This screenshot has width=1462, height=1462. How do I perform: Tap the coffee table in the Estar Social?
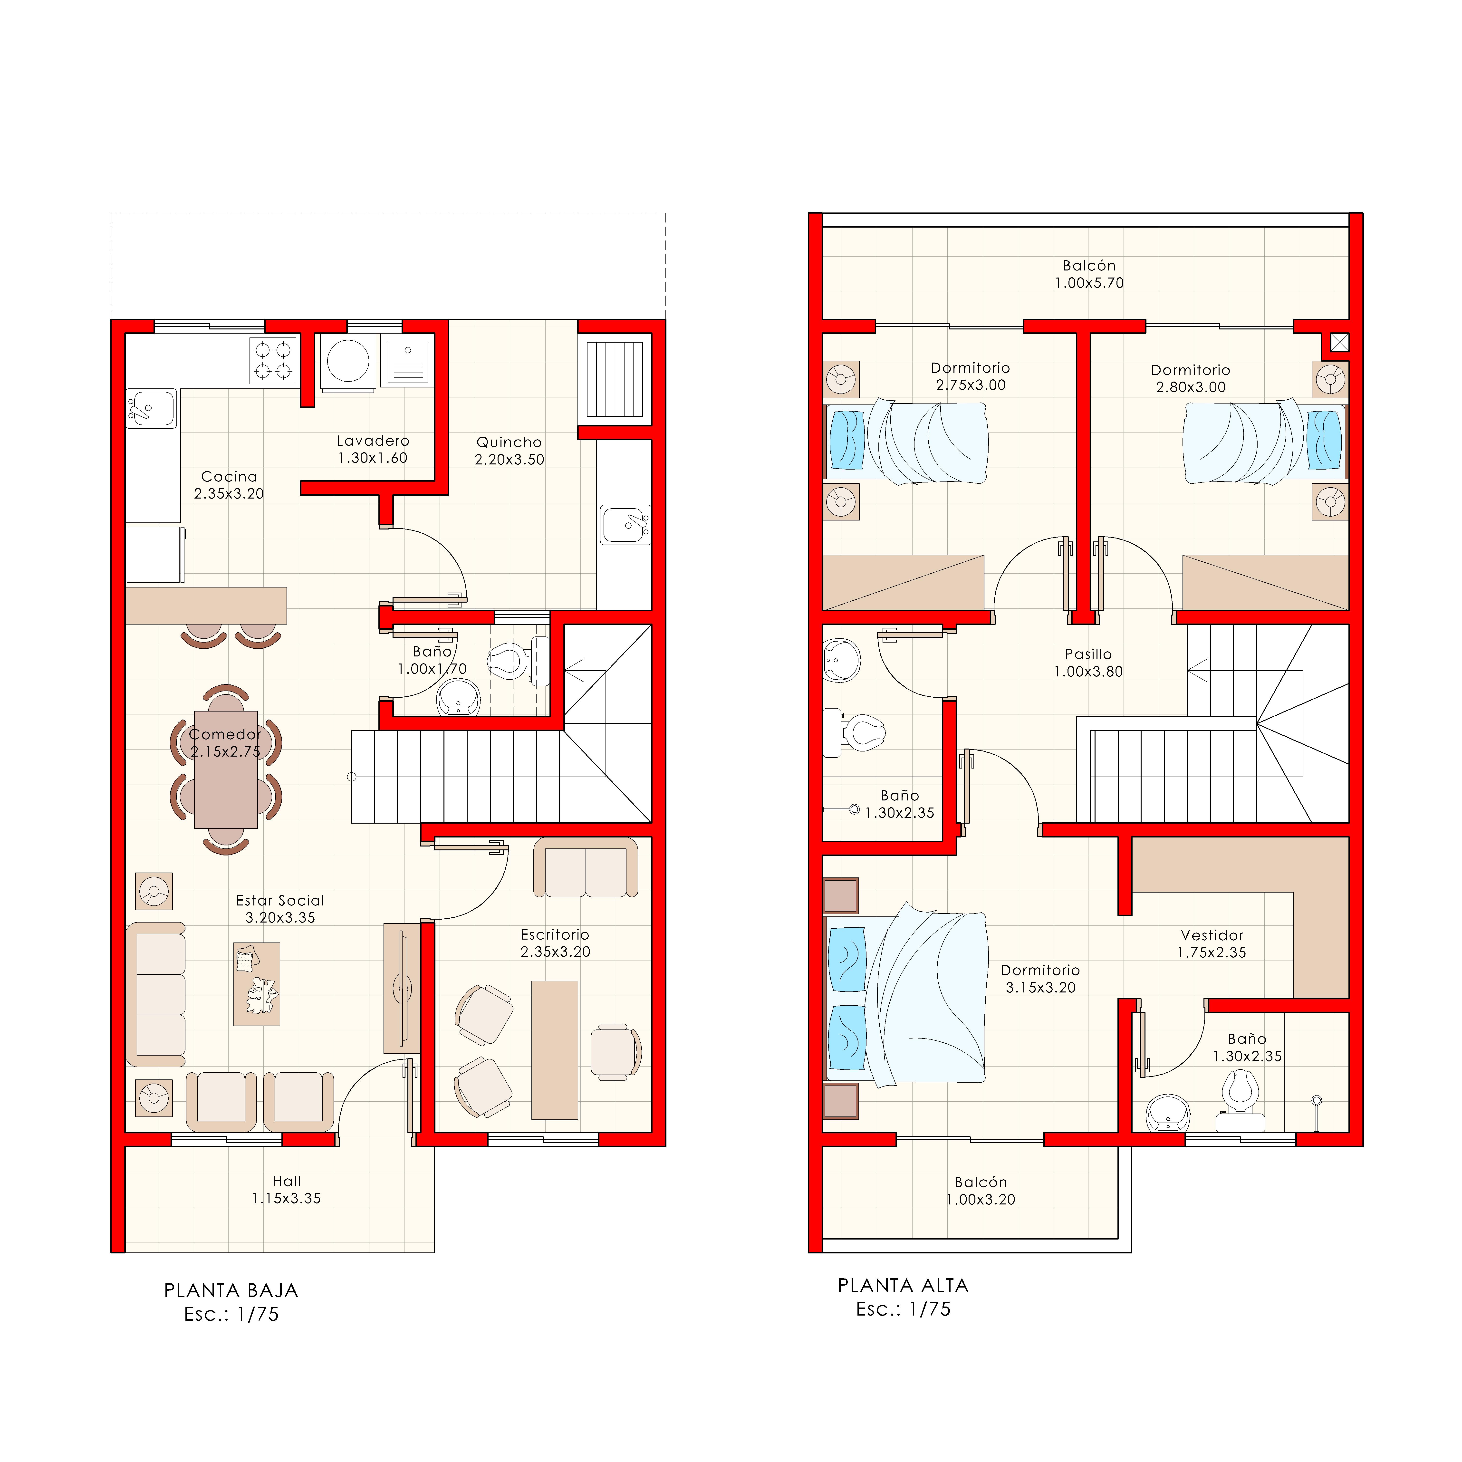(257, 984)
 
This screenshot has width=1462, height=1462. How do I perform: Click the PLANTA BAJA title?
(231, 1290)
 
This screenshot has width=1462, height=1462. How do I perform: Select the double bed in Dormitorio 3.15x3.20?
(908, 997)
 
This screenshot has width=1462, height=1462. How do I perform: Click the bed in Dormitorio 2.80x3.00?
(1264, 443)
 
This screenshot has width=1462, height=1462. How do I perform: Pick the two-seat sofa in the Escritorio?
(586, 868)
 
